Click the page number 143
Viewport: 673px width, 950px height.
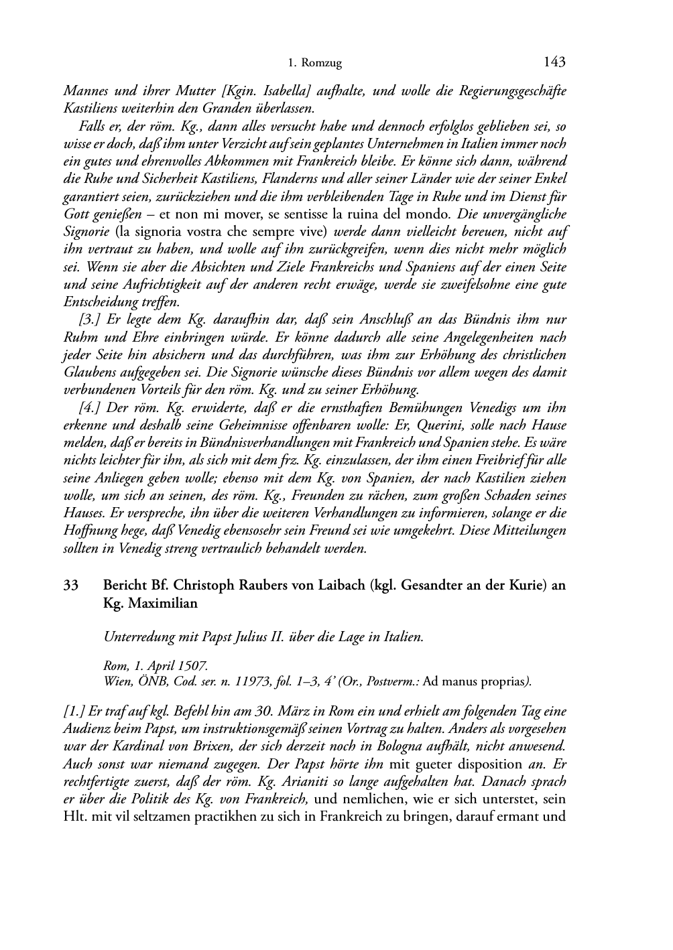point(554,63)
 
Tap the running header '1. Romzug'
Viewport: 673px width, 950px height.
point(314,64)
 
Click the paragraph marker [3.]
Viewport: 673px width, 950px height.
point(90,320)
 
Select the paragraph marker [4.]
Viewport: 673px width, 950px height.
point(90,407)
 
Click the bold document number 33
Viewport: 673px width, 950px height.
point(71,585)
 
